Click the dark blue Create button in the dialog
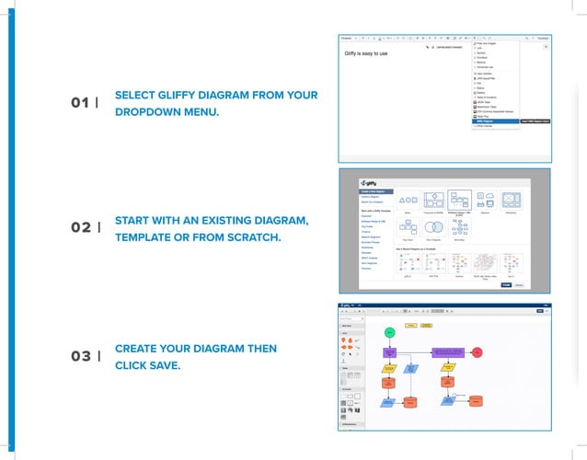pyautogui.click(x=505, y=284)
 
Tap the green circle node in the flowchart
pyautogui.click(x=389, y=331)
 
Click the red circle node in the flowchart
pyautogui.click(x=478, y=351)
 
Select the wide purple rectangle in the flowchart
pyautogui.click(x=447, y=351)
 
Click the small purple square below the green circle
pyautogui.click(x=389, y=351)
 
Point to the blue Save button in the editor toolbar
pyautogui.click(x=539, y=311)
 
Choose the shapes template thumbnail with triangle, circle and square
pyautogui.click(x=408, y=200)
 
